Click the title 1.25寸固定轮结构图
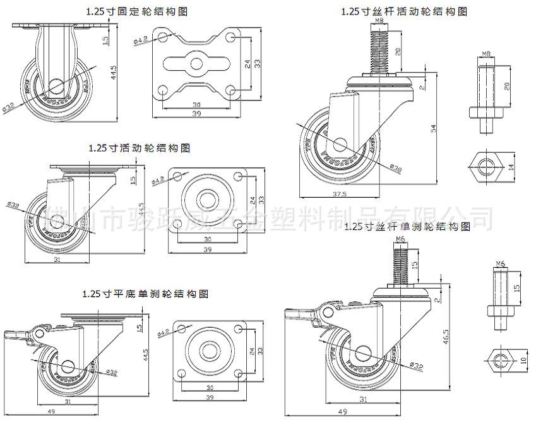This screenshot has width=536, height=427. pyautogui.click(x=137, y=11)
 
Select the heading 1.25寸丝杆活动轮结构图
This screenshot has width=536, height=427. pyautogui.click(x=404, y=11)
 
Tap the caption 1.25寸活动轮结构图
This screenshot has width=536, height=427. pyautogui.click(x=140, y=148)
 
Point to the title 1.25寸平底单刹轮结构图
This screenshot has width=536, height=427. pyautogui.click(x=145, y=294)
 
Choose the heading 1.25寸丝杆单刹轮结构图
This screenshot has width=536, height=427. pyautogui.click(x=408, y=226)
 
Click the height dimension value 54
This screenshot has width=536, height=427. pyautogui.click(x=433, y=128)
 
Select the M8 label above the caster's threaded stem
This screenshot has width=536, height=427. pyautogui.click(x=378, y=21)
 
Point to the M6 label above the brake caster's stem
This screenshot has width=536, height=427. pyautogui.click(x=400, y=238)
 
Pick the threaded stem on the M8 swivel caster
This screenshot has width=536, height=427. pyautogui.click(x=378, y=51)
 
